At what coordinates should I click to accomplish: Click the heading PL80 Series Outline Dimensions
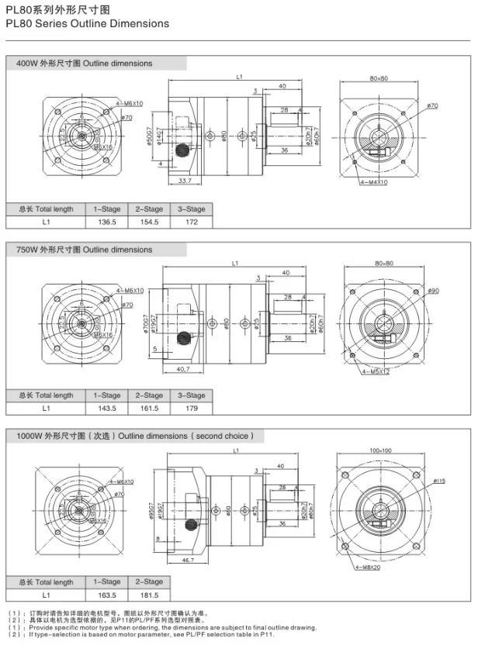(x=87, y=23)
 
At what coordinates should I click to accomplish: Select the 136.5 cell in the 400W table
(x=106, y=222)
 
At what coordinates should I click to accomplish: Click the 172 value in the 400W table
(x=191, y=222)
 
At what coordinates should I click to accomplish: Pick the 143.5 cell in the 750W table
(x=106, y=408)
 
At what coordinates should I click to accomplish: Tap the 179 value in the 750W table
(x=191, y=408)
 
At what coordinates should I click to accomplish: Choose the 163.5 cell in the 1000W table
(x=106, y=595)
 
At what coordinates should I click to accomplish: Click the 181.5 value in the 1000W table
(x=148, y=595)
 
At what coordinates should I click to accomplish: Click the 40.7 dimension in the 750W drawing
(x=183, y=367)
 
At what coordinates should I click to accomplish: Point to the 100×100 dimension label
(x=380, y=450)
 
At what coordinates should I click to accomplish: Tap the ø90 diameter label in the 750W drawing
(x=433, y=291)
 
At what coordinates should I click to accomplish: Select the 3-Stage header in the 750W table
(x=191, y=395)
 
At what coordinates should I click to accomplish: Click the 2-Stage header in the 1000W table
(x=148, y=581)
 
